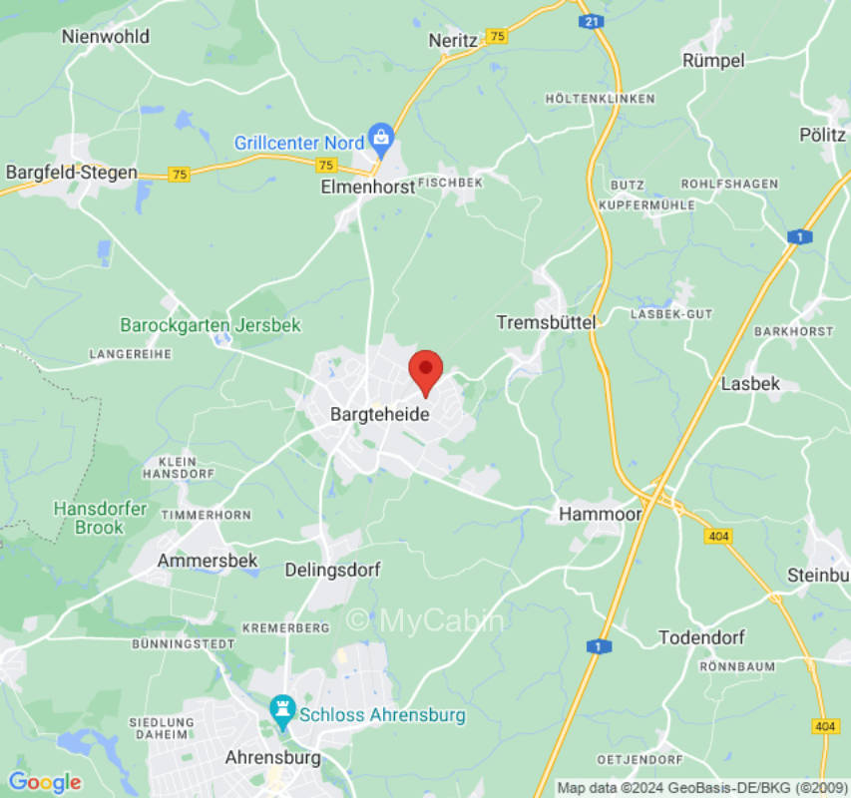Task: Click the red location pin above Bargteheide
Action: click(x=426, y=371)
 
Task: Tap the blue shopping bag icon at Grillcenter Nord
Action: click(x=380, y=135)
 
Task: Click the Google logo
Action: click(x=44, y=782)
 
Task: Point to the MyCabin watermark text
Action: click(x=426, y=621)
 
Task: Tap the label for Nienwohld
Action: click(x=105, y=36)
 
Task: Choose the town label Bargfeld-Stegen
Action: click(x=72, y=173)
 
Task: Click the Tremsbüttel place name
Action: click(x=546, y=322)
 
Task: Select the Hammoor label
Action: click(x=600, y=514)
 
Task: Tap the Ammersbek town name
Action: click(x=208, y=561)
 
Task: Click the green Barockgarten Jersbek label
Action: click(x=211, y=325)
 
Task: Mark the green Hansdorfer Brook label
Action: click(x=100, y=518)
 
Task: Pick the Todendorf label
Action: click(x=702, y=637)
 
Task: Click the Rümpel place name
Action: click(x=713, y=60)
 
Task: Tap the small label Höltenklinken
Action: click(x=601, y=99)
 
